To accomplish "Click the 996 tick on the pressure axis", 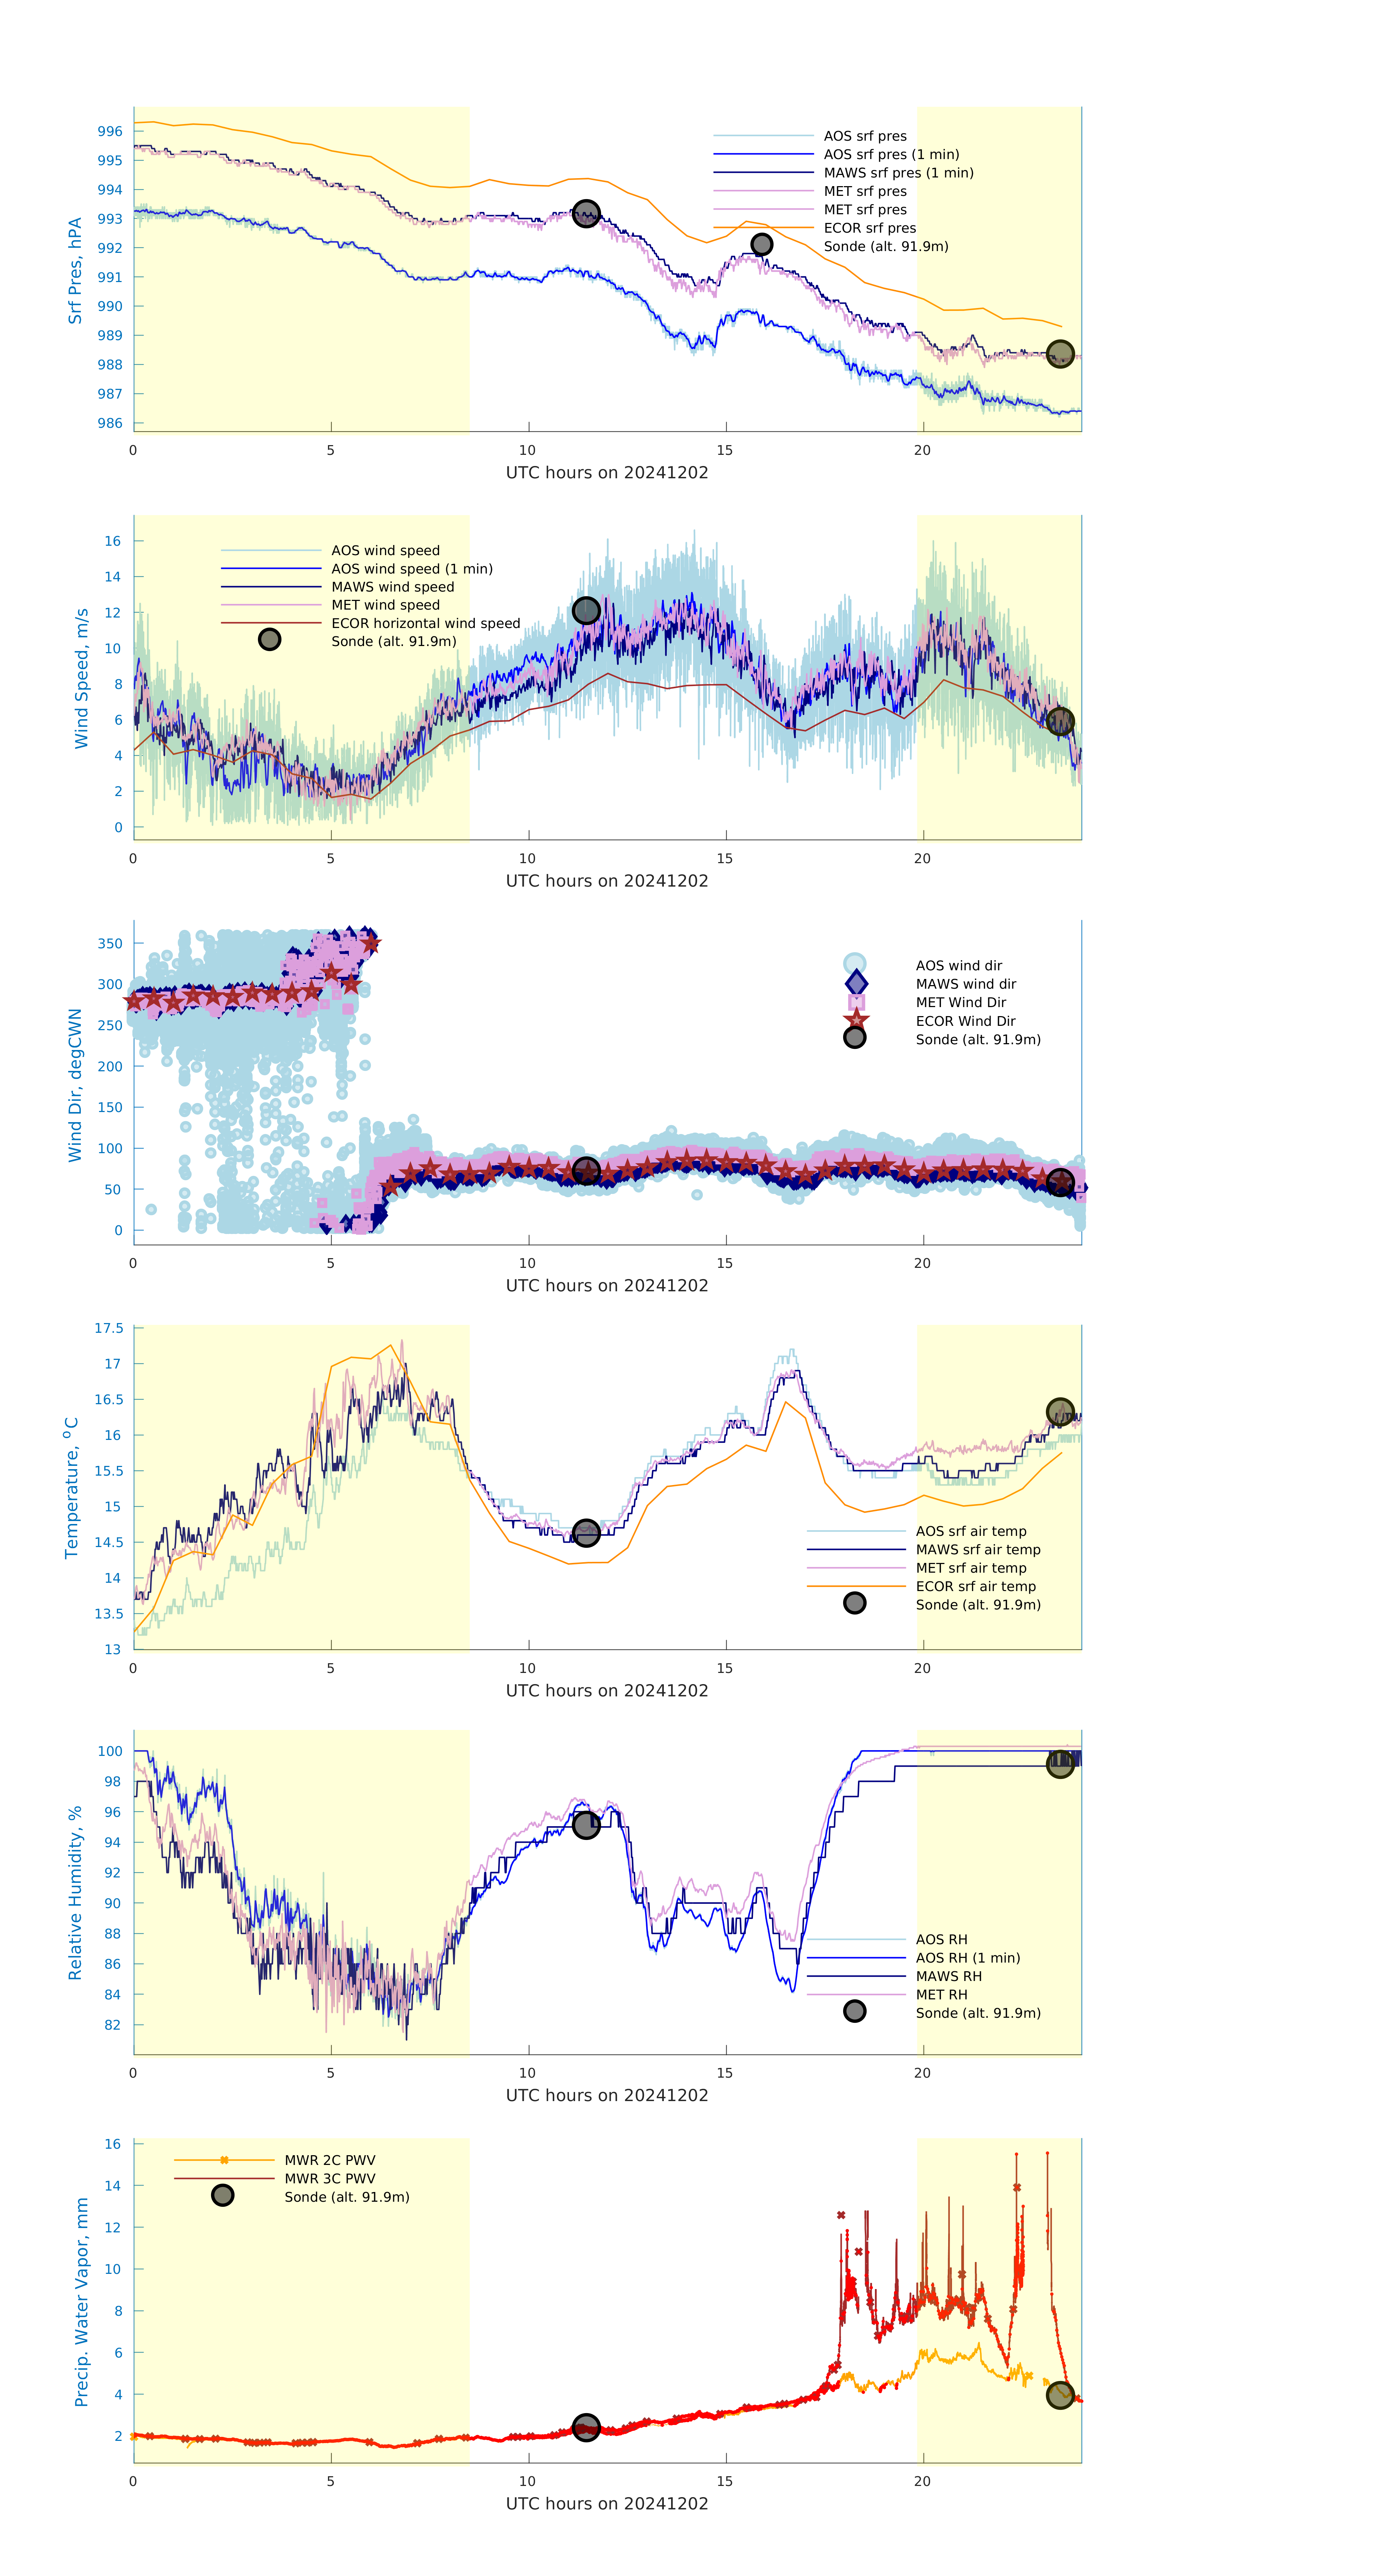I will pyautogui.click(x=110, y=131).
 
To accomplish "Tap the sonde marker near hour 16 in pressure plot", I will pyautogui.click(x=761, y=245).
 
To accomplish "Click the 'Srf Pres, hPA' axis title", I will pyautogui.click(x=75, y=271).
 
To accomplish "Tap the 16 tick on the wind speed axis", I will pyautogui.click(x=113, y=541).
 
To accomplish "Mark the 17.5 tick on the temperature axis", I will pyautogui.click(x=109, y=1328).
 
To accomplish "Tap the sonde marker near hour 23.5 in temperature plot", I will pyautogui.click(x=1060, y=1412).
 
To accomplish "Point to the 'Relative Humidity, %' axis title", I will pyautogui.click(x=75, y=1893).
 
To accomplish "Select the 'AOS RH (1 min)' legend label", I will pyautogui.click(x=967, y=1958).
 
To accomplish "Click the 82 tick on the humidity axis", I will pyautogui.click(x=113, y=2024).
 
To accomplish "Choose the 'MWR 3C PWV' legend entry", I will pyautogui.click(x=329, y=2178).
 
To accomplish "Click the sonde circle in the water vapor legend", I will pyautogui.click(x=223, y=2195).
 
